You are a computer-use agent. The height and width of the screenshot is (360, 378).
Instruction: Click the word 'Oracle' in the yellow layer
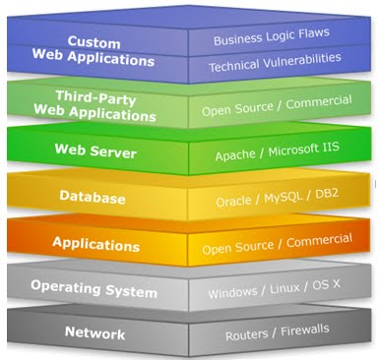point(234,199)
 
